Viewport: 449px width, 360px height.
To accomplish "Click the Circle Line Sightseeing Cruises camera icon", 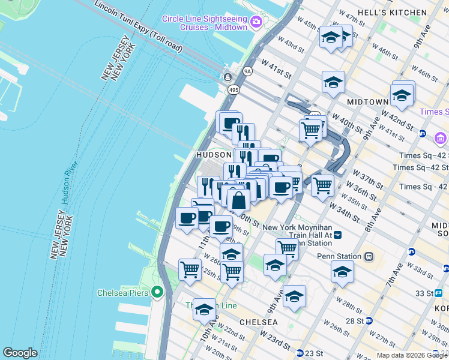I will tap(257, 22).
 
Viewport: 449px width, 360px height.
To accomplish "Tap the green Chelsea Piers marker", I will tap(158, 293).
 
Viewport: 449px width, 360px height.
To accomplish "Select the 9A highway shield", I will tap(247, 71).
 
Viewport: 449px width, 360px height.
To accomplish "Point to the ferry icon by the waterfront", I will tap(228, 77).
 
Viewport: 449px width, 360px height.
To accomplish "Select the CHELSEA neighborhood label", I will tap(258, 322).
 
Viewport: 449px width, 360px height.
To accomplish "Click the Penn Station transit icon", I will tap(369, 256).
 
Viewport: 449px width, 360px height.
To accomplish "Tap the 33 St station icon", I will tap(438, 293).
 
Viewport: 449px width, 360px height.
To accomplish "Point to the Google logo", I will tap(20, 353).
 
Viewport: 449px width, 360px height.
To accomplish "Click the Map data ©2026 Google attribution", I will tap(412, 355).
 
